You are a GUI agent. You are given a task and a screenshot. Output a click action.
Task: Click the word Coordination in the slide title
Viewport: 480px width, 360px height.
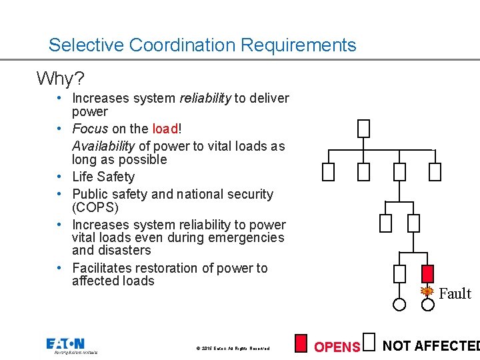(182, 45)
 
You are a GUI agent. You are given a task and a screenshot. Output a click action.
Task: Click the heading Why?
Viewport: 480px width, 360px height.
(59, 79)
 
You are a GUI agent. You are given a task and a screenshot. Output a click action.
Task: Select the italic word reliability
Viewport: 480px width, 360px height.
(205, 99)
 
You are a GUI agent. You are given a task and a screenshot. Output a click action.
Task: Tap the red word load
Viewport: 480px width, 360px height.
(165, 129)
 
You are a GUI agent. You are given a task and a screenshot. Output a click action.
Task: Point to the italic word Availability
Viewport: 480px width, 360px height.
(103, 146)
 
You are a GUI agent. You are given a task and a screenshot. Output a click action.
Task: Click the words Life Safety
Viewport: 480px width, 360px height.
(103, 177)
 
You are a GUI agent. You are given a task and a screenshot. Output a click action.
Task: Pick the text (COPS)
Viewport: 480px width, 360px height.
(95, 207)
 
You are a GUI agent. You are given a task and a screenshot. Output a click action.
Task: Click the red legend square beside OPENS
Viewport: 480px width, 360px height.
(301, 343)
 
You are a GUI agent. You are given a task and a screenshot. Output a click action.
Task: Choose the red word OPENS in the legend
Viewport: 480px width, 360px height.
(337, 347)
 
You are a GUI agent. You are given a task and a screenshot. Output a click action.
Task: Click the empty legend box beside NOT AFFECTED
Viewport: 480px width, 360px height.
(371, 341)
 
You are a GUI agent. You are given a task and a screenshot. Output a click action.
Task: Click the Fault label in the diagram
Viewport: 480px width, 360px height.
(455, 294)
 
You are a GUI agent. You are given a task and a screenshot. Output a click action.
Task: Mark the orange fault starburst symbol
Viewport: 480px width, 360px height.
(428, 291)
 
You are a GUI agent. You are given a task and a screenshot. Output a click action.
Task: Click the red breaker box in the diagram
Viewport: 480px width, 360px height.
(429, 273)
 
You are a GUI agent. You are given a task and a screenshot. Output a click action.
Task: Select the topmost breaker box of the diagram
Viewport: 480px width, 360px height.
(363, 128)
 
